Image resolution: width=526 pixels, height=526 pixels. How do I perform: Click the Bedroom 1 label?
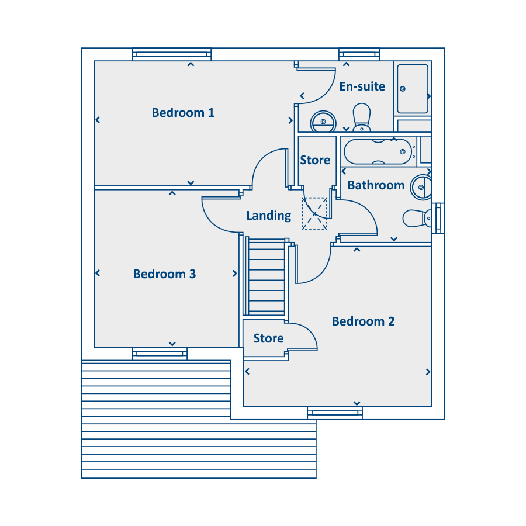pos(183,113)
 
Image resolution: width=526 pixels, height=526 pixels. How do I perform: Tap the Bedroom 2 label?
pos(363,321)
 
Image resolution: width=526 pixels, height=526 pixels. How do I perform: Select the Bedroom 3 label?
pos(164,274)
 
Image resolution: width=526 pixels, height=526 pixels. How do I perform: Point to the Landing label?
pos(269,216)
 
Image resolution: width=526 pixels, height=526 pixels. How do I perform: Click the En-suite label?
pos(362,86)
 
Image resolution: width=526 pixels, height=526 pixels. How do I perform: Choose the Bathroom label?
pos(376,185)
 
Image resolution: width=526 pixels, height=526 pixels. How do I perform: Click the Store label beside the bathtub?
pos(315,160)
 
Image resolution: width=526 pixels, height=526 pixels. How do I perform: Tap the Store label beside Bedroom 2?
pos(268,338)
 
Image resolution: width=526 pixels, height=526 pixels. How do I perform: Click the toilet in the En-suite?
pos(362,117)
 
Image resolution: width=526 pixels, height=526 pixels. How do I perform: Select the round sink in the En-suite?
pos(323,122)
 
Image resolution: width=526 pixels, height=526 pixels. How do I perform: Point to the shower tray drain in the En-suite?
pos(403,89)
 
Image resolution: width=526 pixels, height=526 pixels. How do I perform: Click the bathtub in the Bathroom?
pos(378,151)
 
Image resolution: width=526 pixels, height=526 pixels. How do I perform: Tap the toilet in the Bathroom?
pos(417,219)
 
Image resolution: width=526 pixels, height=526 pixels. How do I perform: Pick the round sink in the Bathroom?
pos(421,187)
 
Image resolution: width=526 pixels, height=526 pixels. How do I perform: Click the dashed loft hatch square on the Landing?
pos(314,214)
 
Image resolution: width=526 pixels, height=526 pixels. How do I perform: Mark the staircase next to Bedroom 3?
pos(267,276)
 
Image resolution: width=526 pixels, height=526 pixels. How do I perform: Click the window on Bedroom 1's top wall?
pos(171,54)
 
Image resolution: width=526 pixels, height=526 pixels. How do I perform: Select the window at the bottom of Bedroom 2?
pos(335,413)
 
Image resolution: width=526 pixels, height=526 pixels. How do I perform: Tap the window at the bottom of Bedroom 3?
pos(160,354)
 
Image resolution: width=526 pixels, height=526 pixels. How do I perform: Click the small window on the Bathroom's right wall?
pos(438,218)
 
